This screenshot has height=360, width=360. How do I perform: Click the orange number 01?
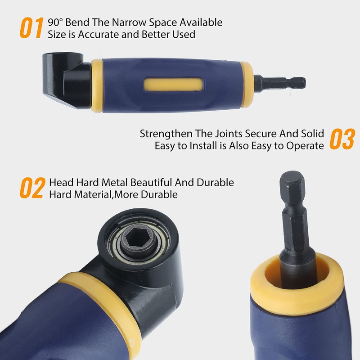point(31,28)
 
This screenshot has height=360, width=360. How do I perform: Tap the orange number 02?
point(32,189)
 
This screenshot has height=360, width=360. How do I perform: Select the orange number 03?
point(342,139)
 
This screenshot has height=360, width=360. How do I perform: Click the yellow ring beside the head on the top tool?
point(97,85)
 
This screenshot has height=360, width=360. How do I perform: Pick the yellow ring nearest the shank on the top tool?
point(247,84)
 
